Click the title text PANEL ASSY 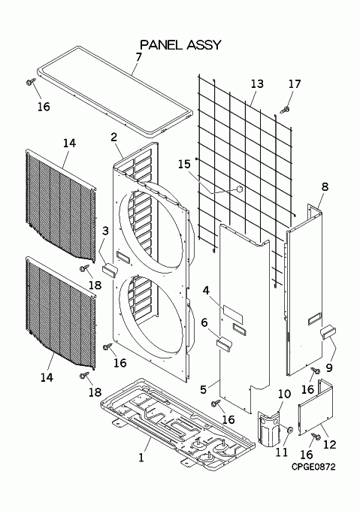(x=180, y=44)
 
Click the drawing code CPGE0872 (x=313, y=467)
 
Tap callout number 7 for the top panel (x=139, y=56)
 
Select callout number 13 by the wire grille (x=257, y=83)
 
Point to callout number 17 (x=295, y=83)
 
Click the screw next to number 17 (x=285, y=110)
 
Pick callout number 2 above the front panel (x=113, y=137)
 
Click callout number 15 (x=184, y=164)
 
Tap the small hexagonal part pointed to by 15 (x=240, y=189)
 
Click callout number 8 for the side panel (x=325, y=186)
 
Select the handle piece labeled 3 (x=110, y=271)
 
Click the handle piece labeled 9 (x=328, y=333)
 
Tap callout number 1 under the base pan (x=141, y=458)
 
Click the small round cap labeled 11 (x=289, y=430)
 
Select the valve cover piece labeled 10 (x=269, y=428)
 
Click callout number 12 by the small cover (x=329, y=444)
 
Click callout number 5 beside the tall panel (x=203, y=389)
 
